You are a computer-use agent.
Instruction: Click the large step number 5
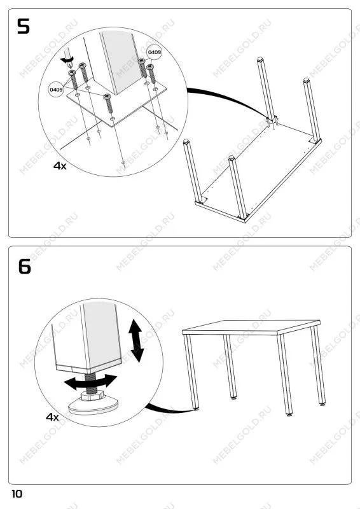coord(24,26)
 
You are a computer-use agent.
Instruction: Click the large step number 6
coord(25,267)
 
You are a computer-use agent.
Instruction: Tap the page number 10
coord(17,494)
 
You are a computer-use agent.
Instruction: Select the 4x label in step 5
coord(60,166)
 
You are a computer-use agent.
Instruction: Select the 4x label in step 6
coord(52,417)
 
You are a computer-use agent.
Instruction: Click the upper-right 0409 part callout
coord(154,52)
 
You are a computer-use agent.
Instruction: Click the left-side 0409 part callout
coord(56,89)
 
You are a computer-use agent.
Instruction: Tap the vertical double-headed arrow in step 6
coord(135,340)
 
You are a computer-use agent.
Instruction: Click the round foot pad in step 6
coord(93,406)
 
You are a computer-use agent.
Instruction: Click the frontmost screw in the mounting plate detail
coord(109,104)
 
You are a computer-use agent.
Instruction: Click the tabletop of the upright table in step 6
coord(251,327)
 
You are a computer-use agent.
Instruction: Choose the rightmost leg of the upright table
coord(318,365)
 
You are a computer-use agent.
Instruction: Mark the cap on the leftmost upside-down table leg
coord(186,141)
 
